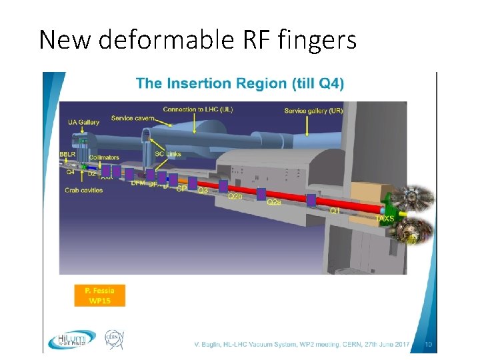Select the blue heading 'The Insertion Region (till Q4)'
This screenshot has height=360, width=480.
coord(240,84)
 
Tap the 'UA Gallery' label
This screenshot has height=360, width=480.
coord(83,122)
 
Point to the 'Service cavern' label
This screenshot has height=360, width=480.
coord(133,118)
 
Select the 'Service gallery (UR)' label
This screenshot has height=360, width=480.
coord(313,110)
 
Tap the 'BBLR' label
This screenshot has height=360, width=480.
coord(67,155)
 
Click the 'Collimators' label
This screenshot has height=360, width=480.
coord(103,158)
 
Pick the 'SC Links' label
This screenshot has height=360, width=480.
coord(168,155)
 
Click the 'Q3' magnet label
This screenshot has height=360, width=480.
coord(203,191)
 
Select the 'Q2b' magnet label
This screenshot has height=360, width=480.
coord(235,197)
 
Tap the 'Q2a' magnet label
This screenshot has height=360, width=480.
coord(273,202)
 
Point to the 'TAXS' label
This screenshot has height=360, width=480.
coord(385,218)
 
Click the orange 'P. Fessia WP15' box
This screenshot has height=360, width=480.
coord(99,295)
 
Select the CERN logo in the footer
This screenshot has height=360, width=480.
coord(114,340)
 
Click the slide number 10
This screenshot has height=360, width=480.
coord(429,344)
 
